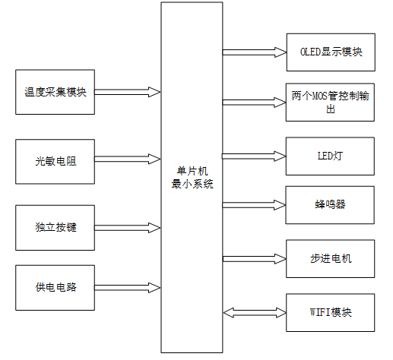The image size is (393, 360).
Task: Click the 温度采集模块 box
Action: point(55,92)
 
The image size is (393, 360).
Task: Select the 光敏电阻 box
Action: point(55,160)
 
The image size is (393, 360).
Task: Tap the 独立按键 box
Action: point(55,227)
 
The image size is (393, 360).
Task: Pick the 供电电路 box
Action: point(55,287)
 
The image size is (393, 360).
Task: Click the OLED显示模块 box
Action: point(331,52)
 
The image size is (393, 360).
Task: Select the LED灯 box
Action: point(331,156)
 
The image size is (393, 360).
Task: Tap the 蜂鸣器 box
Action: point(331,205)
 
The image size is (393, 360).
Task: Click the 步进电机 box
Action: point(331,258)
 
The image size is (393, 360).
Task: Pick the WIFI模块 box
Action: point(331,312)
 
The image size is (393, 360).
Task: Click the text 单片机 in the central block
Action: point(193,172)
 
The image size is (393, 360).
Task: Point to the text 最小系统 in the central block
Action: point(193,184)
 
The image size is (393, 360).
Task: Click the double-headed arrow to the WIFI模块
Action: point(254,312)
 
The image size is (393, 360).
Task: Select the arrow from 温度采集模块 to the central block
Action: point(128,92)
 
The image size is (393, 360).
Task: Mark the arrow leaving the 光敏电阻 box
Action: point(128,160)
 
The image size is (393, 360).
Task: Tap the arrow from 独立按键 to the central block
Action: point(128,227)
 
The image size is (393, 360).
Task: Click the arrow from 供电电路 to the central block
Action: point(128,287)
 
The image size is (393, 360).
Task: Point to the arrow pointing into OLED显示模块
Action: point(254,52)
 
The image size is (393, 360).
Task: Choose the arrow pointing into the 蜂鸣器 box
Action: point(254,205)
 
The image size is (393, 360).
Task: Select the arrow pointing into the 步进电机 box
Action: point(254,258)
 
